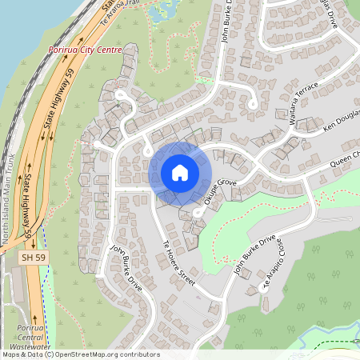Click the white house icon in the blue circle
point(180,172)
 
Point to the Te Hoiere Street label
point(179,259)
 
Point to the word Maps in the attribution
point(10,354)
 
